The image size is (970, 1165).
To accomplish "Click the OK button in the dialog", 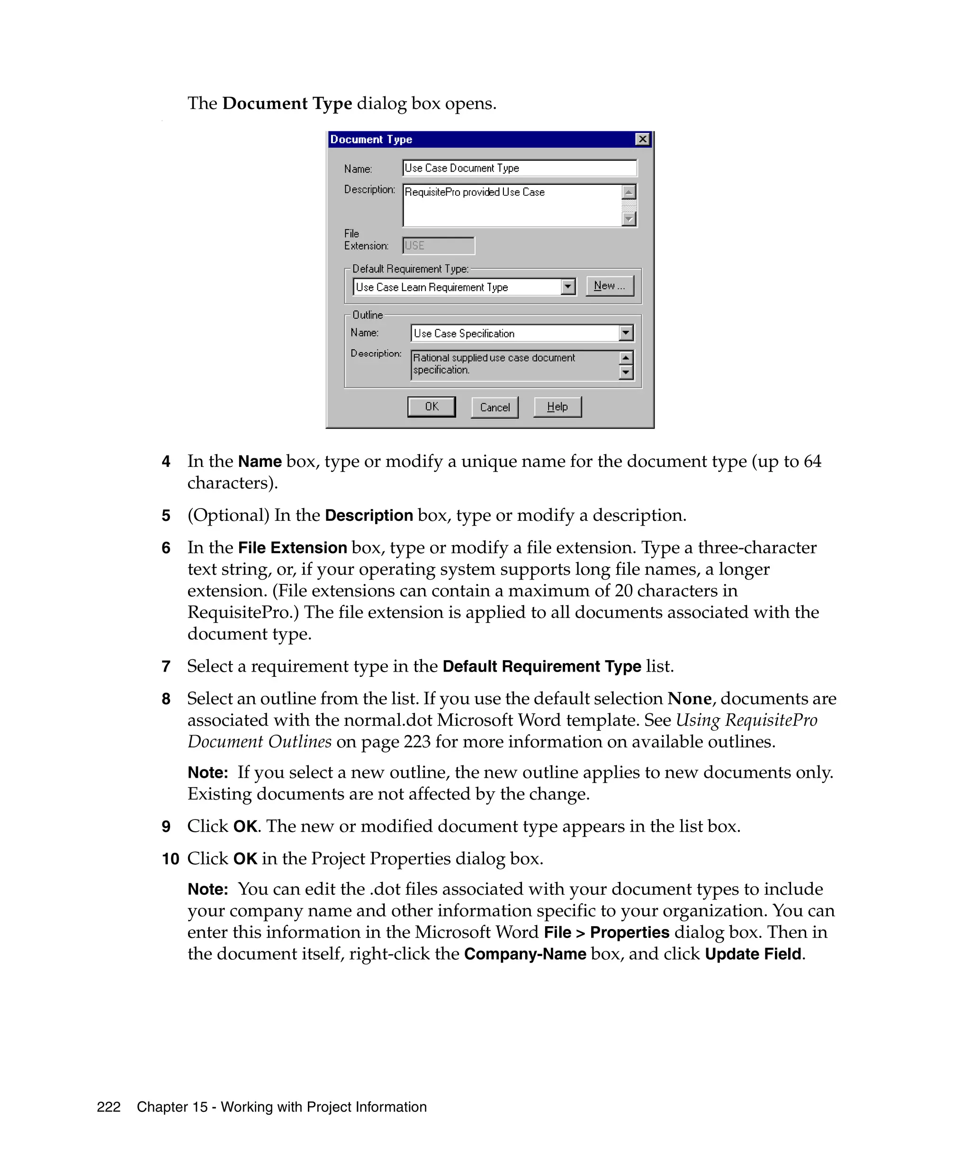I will pyautogui.click(x=431, y=407).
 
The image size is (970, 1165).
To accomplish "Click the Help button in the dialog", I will pyautogui.click(x=557, y=407).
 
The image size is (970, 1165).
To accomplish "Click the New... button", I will pyautogui.click(x=609, y=286).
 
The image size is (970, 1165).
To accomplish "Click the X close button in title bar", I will pyautogui.click(x=642, y=139).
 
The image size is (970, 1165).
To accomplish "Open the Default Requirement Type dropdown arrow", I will pyautogui.click(x=567, y=287).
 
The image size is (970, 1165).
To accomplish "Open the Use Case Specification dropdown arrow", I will pyautogui.click(x=626, y=333).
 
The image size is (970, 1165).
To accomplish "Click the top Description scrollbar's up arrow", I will pyautogui.click(x=629, y=192).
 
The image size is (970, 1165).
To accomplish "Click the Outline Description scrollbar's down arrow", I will pyautogui.click(x=626, y=372).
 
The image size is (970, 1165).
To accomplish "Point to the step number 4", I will pyautogui.click(x=166, y=462).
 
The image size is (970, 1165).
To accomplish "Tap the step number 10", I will pyautogui.click(x=170, y=859).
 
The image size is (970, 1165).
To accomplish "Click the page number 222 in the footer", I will pyautogui.click(x=108, y=1107).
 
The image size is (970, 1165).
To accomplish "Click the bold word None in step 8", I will pyautogui.click(x=689, y=699).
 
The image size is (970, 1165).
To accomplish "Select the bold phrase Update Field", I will pyautogui.click(x=753, y=954).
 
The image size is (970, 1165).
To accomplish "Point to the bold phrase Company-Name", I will pyautogui.click(x=525, y=954).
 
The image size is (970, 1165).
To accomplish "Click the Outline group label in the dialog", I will pyautogui.click(x=368, y=315).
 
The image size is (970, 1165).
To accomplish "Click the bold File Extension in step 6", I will pyautogui.click(x=292, y=547).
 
